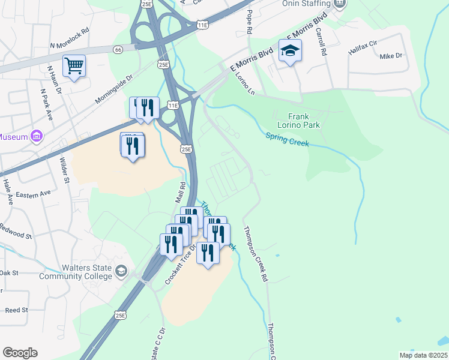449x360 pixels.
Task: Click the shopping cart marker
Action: [x=74, y=65]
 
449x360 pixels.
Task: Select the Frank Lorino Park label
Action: [x=304, y=121]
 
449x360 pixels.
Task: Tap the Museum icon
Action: [x=36, y=137]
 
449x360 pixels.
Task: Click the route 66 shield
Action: [x=120, y=50]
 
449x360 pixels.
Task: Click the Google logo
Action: [x=20, y=353]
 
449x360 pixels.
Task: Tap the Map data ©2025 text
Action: [x=423, y=355]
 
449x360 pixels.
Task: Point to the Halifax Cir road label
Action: [x=363, y=44]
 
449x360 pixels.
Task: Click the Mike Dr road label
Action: [x=391, y=56]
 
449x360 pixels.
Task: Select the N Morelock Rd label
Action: [x=70, y=45]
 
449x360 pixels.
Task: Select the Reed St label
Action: [x=17, y=310]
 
